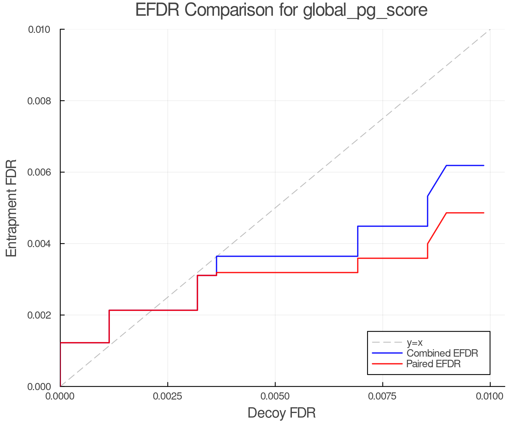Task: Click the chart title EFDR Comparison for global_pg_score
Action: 281,10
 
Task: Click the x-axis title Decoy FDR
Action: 282,413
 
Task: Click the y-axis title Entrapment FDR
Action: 11,208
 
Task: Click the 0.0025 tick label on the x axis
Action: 168,396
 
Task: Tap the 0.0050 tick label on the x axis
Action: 275,396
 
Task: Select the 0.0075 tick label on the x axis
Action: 383,396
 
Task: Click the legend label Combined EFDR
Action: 442,353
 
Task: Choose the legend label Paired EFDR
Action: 433,364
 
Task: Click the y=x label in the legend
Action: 415,342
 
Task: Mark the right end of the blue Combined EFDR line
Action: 484,166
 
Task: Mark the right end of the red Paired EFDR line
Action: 484,213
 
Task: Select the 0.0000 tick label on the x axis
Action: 60,396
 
